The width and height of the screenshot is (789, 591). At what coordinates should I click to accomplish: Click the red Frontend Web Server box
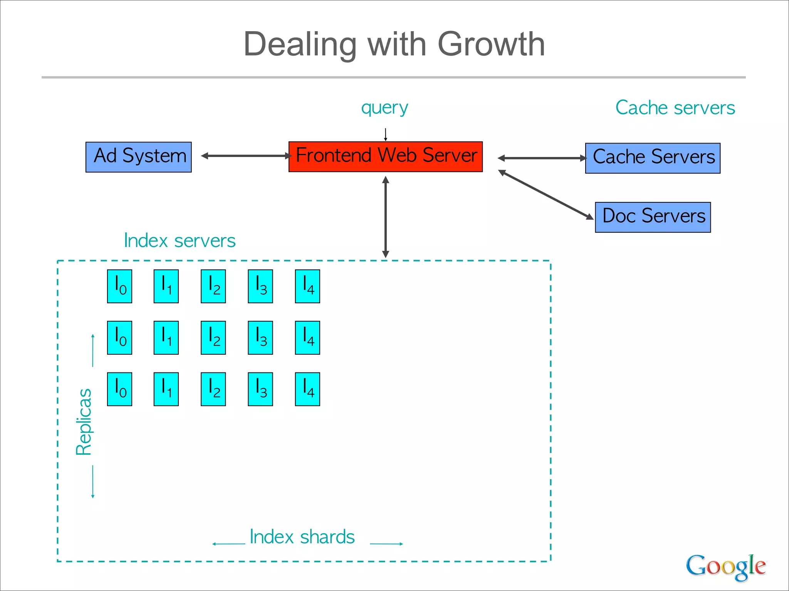pos(385,157)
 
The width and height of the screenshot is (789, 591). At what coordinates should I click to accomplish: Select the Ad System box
pos(138,157)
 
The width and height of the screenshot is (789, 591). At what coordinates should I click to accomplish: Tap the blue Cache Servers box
pos(653,158)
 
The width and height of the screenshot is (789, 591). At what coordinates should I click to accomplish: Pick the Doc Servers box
pos(653,217)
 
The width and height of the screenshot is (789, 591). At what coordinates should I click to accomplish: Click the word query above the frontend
pos(384,108)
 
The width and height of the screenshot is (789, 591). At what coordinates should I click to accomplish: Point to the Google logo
pos(725,566)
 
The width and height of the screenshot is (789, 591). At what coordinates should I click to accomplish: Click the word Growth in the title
pos(491,44)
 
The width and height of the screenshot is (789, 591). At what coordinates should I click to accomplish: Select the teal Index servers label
pos(180,241)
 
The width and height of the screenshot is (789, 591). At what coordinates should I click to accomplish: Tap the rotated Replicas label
pos(84,422)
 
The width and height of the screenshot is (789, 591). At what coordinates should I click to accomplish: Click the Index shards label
pos(302,537)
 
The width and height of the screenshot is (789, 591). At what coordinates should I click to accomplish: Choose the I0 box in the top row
pos(119,286)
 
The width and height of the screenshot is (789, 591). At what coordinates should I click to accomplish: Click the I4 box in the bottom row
pos(307,389)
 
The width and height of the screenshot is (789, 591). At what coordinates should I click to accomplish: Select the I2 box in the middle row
pos(213,338)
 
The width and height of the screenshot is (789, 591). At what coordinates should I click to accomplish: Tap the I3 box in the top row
pos(260,286)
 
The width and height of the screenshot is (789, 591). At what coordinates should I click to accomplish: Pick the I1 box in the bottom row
pos(166,389)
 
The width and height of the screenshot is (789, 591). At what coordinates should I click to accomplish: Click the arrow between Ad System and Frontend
pos(247,156)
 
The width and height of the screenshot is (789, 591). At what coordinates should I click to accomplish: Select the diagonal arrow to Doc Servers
pos(546,195)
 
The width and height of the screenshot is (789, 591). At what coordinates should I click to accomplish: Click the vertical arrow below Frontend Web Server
pos(385,217)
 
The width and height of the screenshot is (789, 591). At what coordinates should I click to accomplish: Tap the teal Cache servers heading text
pos(675,108)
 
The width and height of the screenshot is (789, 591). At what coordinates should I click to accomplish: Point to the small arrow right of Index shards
pos(386,544)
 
